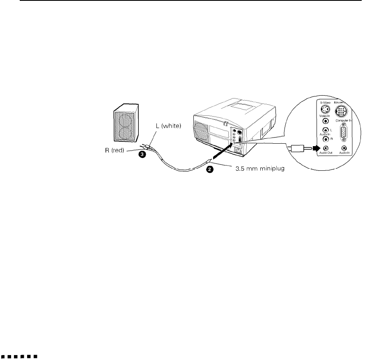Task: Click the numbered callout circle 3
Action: (141, 155)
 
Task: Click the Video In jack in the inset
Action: (326, 122)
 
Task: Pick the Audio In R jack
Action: (326, 139)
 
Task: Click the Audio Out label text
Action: (325, 154)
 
